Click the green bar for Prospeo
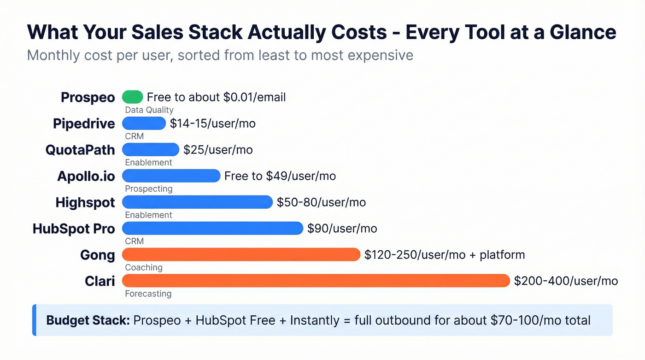pyautogui.click(x=132, y=97)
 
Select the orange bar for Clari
pyautogui.click(x=316, y=281)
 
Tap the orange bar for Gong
pyautogui.click(x=241, y=254)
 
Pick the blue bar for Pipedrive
pyautogui.click(x=144, y=123)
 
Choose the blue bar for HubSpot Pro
pyautogui.click(x=212, y=228)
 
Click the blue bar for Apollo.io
pyautogui.click(x=171, y=176)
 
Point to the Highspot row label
pyautogui.click(x=85, y=202)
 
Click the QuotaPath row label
pyautogui.click(x=80, y=150)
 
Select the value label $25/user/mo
pyautogui.click(x=218, y=150)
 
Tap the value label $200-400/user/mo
pyautogui.click(x=566, y=281)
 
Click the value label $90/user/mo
pyautogui.click(x=342, y=229)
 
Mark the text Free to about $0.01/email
pyautogui.click(x=216, y=97)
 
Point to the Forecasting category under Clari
pyautogui.click(x=148, y=294)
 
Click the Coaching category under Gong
pyautogui.click(x=144, y=267)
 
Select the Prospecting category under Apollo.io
pyautogui.click(x=148, y=189)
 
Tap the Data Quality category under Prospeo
pyautogui.click(x=149, y=110)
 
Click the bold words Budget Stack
pyautogui.click(x=88, y=320)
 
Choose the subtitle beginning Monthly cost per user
pyautogui.click(x=220, y=55)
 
